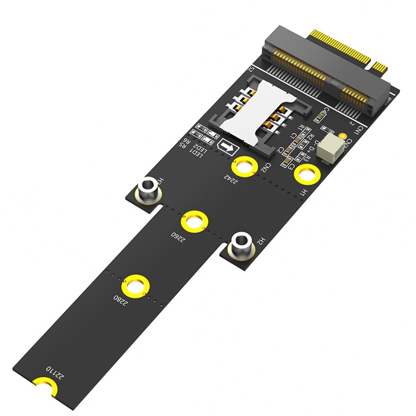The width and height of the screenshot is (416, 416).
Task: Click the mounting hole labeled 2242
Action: coord(243,166)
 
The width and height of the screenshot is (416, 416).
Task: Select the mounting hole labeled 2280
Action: coord(136,287)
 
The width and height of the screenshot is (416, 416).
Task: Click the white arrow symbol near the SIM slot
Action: coord(226,147)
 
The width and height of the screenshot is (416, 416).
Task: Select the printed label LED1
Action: coord(197,153)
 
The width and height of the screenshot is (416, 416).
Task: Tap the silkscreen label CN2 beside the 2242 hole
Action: coord(264,167)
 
